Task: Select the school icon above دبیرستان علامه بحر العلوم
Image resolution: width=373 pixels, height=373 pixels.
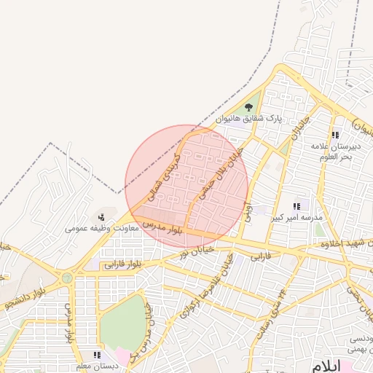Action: (x=335, y=136)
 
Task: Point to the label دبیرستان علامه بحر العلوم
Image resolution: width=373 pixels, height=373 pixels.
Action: (x=336, y=152)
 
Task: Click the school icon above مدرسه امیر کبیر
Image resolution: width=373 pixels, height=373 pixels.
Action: (x=297, y=207)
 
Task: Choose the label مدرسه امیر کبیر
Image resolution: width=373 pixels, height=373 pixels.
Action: (x=297, y=218)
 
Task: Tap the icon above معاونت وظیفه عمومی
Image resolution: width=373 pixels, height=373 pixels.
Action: (x=101, y=216)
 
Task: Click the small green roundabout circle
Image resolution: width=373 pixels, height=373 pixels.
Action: (x=67, y=278)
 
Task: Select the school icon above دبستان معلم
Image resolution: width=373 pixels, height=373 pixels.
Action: (x=96, y=355)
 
